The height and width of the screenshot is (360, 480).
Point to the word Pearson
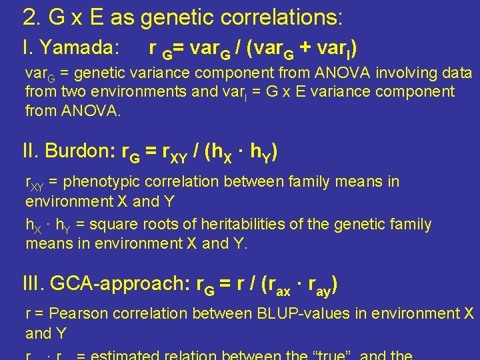click(x=77, y=313)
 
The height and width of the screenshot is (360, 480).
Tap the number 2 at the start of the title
click(x=29, y=17)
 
